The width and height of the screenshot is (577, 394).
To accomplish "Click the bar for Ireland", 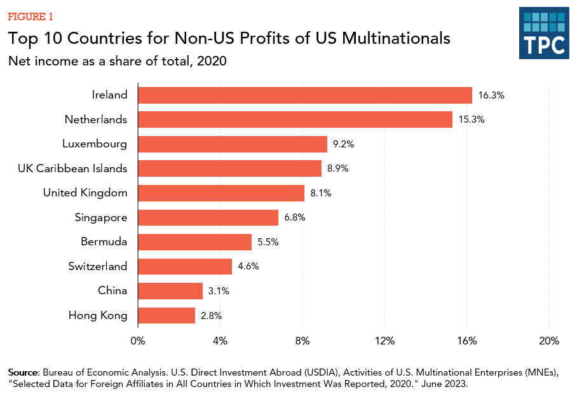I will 305,95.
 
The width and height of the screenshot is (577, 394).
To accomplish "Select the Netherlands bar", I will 295,119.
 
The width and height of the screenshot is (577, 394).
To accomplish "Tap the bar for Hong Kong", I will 166,315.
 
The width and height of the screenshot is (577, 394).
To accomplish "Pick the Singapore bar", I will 208,217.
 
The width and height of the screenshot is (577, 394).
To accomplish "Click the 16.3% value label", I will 491,95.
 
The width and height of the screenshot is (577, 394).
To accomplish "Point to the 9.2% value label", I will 343,144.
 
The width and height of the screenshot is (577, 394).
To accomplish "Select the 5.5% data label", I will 268,242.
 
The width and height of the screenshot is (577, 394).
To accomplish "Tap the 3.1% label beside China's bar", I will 219,291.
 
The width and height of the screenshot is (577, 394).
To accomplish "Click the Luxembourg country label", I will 95,144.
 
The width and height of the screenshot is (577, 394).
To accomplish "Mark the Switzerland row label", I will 98,266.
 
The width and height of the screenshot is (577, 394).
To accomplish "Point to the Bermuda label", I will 104,242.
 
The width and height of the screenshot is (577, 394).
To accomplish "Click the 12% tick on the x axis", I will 385,341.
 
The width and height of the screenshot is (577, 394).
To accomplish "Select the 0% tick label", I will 138,341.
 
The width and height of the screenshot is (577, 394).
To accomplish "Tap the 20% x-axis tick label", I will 548,341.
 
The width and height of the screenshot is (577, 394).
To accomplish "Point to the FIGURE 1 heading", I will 31,16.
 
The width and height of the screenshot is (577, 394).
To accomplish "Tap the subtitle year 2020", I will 214,62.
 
